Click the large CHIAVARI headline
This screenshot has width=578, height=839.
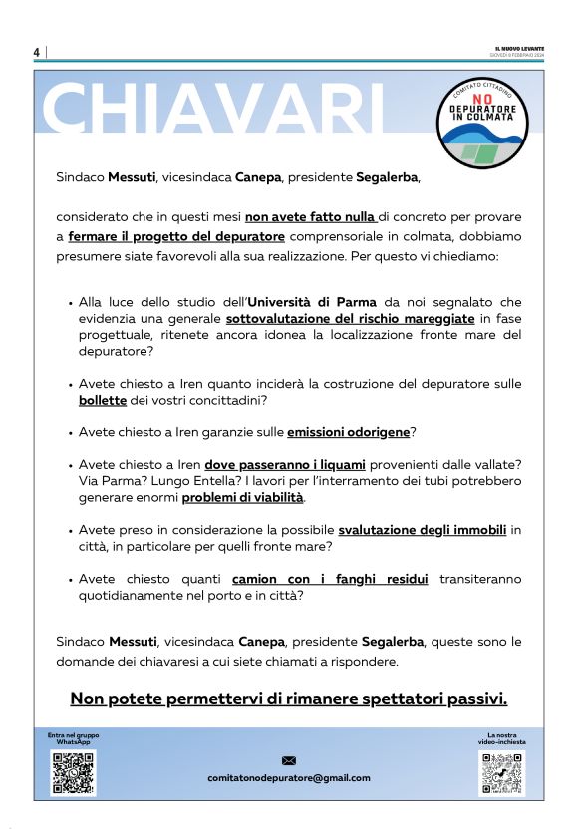(x=215, y=108)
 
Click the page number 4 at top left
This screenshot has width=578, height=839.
(x=37, y=52)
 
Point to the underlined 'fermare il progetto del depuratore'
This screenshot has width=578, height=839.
(x=176, y=236)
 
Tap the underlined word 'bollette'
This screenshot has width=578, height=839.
(x=103, y=400)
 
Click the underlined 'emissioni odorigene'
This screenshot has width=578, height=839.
(x=349, y=432)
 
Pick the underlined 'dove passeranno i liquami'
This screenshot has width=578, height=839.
(x=286, y=465)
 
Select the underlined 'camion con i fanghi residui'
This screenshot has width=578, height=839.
(x=330, y=579)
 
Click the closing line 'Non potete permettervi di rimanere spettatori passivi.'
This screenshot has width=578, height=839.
(x=289, y=698)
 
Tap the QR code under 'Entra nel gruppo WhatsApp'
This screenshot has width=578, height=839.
(x=73, y=773)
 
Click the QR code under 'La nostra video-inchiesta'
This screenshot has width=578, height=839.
(x=500, y=773)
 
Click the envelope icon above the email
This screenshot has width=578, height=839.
(x=289, y=761)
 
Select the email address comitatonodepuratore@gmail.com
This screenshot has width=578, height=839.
(x=289, y=778)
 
